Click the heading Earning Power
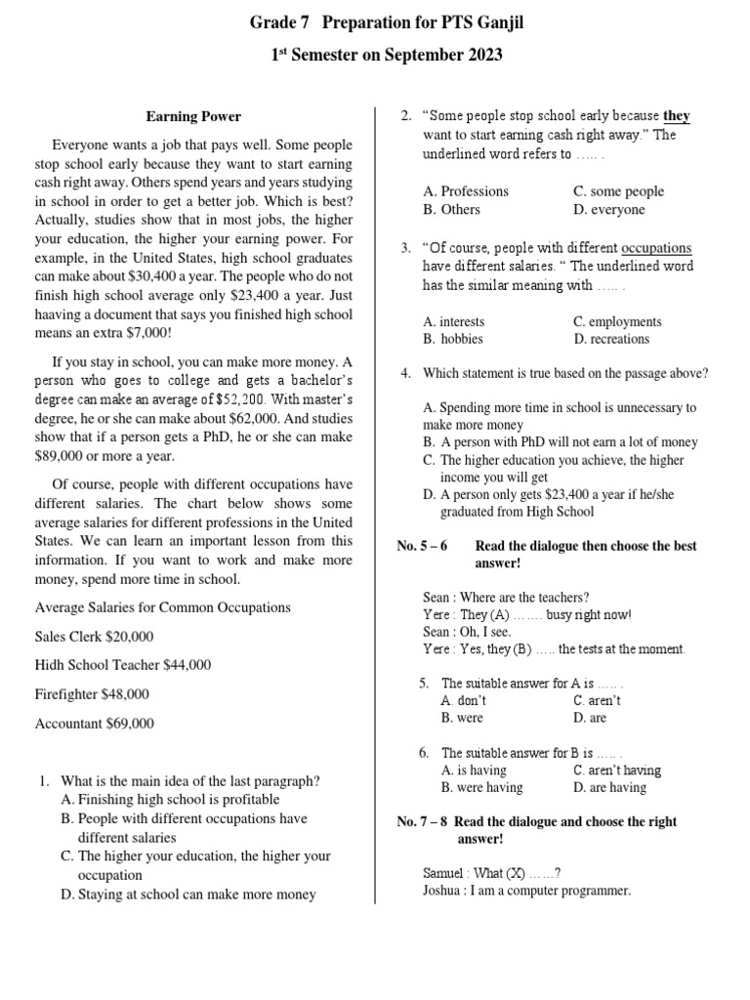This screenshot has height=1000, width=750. (193, 116)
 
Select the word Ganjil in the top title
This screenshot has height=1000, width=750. (495, 21)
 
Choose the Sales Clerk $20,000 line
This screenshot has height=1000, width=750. (94, 636)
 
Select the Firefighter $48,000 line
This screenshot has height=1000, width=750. (92, 694)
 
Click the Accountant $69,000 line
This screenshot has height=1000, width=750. (94, 724)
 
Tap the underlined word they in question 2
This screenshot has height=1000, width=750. (677, 116)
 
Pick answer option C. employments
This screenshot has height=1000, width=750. (617, 321)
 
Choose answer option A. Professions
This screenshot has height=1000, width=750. (466, 191)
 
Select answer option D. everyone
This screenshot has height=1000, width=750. (609, 210)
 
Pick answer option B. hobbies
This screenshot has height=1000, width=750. (453, 339)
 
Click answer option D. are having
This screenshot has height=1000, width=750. (609, 787)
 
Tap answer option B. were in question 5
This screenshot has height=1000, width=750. (462, 719)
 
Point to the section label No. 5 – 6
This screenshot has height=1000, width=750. (422, 546)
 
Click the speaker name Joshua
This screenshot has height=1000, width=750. (443, 891)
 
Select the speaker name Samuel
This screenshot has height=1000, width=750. (445, 872)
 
